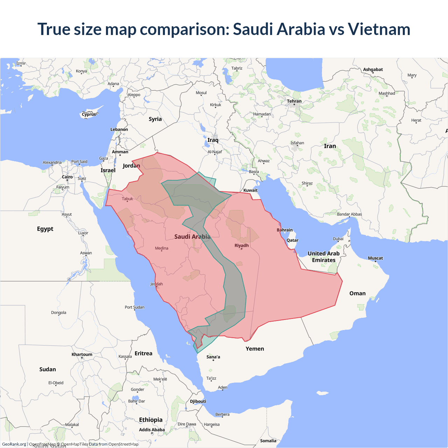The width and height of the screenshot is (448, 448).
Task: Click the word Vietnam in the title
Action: coord(379,29)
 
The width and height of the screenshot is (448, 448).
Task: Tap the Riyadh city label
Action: coord(241,245)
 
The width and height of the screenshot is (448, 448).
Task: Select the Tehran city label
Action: coord(294,101)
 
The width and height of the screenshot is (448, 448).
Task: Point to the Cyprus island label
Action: coord(89,114)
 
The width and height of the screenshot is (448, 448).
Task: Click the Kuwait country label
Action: coord(250,190)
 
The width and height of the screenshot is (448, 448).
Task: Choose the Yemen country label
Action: coord(255,349)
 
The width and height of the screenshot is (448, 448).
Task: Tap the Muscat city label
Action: coord(375,258)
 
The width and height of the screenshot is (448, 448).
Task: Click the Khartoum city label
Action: coord(82,354)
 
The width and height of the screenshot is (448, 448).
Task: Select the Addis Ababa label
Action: coord(152,430)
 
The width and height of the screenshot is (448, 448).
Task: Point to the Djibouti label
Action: coord(198,401)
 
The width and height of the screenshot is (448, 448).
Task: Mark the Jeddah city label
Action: coord(156,284)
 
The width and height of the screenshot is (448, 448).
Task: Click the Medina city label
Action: coord(162,248)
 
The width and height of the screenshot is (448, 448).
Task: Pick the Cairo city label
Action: coord(67,177)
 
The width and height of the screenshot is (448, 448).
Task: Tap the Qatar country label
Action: coord(293,240)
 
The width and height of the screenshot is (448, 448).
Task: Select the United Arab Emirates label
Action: coord(324,257)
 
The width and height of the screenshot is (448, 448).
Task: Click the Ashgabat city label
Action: coord(373,69)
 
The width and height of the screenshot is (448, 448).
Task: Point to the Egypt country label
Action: coord(45,229)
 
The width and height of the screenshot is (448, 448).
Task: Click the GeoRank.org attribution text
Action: coord(14,444)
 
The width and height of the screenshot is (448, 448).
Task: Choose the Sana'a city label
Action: coord(213,357)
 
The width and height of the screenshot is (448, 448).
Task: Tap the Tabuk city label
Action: coord(127,199)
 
